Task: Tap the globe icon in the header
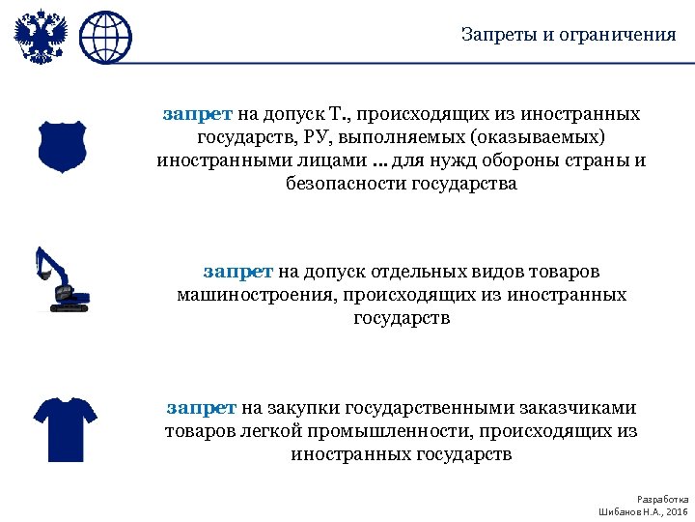[x=105, y=38]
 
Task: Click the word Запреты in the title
[x=494, y=35]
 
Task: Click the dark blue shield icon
[x=63, y=146]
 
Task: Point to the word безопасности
[x=342, y=184]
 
